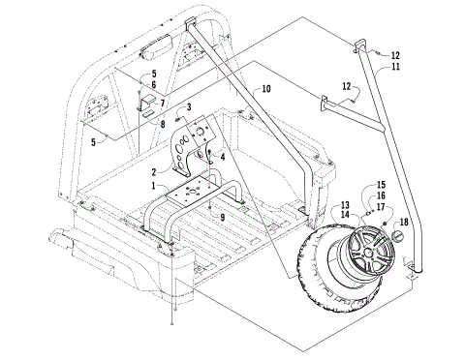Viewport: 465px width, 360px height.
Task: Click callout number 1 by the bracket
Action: click(x=151, y=183)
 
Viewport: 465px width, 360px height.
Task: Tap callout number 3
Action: click(x=190, y=105)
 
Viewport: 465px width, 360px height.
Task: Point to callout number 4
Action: click(x=223, y=156)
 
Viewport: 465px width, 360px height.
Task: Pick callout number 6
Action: click(x=151, y=86)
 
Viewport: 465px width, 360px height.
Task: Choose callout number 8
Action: click(x=163, y=123)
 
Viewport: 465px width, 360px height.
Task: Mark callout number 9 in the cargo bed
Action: click(x=223, y=219)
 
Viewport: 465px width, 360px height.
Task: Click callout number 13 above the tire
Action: click(x=345, y=205)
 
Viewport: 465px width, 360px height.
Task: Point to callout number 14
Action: click(x=345, y=215)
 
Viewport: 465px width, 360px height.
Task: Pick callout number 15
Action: click(x=381, y=184)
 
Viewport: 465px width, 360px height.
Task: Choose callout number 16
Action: click(x=381, y=195)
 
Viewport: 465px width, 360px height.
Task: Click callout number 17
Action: click(x=381, y=206)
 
